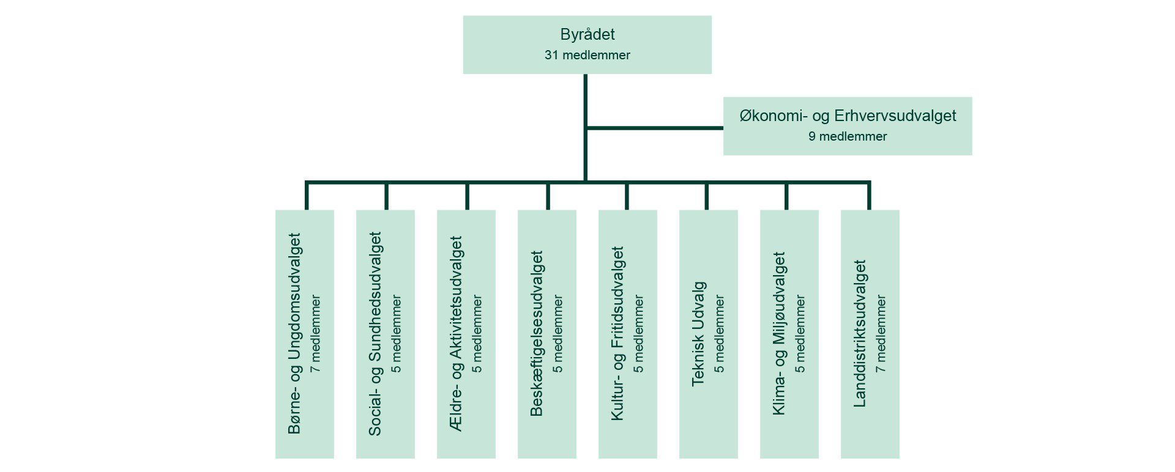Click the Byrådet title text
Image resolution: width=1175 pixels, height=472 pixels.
(587, 35)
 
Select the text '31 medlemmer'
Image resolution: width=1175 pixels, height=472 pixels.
(587, 55)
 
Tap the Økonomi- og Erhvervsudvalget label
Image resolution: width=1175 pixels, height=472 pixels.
(847, 116)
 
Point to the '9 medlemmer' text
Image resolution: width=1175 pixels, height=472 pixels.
(847, 136)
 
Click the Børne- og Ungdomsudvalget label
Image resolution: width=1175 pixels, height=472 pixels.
(295, 334)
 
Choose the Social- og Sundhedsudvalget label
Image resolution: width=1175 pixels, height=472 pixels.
(375, 334)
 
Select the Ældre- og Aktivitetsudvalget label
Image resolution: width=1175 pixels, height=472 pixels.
(457, 334)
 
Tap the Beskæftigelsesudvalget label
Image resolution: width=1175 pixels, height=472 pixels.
(537, 334)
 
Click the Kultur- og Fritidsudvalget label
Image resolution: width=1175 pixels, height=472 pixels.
(617, 334)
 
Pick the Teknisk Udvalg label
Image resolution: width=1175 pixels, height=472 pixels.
(698, 334)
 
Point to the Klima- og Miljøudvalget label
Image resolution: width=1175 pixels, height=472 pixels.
(779, 334)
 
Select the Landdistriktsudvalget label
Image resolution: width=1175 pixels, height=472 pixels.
(860, 334)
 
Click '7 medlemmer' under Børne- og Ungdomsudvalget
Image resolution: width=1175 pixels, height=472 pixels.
(316, 334)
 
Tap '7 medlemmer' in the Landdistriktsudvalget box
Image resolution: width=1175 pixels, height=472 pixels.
(881, 334)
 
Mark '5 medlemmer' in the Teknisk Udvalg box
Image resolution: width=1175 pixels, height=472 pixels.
(719, 334)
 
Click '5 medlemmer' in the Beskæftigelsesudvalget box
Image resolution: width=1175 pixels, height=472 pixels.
(558, 334)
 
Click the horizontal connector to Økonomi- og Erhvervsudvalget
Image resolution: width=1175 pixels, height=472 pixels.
(655, 128)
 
